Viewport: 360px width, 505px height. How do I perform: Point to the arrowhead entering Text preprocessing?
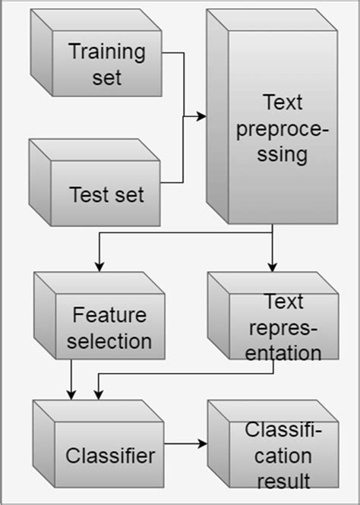202,117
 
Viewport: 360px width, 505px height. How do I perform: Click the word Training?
107,53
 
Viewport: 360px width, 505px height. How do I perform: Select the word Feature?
109,314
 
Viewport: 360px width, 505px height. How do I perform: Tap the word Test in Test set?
86,194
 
